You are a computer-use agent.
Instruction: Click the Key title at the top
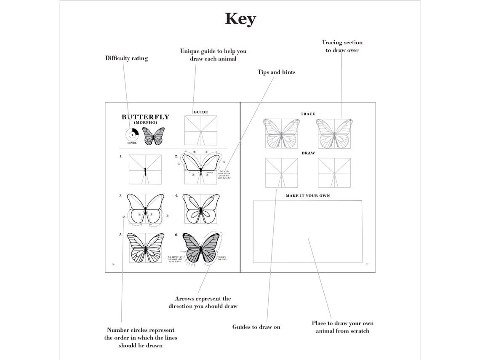(240, 19)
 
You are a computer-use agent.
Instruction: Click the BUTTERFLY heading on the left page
(145, 117)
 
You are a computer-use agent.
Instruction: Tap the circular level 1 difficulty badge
(132, 135)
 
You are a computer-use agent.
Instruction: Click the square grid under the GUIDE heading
(200, 131)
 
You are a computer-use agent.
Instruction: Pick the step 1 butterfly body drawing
(145, 170)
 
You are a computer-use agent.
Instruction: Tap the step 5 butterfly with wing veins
(145, 248)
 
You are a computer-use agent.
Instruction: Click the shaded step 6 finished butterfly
(201, 248)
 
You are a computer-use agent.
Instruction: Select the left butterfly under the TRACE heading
(281, 133)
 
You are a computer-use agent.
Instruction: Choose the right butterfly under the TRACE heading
(335, 133)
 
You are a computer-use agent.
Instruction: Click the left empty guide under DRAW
(281, 173)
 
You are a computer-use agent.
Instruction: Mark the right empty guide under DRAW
(335, 173)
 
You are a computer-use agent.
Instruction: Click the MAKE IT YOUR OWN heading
(308, 196)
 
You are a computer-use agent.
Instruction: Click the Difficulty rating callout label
(126, 59)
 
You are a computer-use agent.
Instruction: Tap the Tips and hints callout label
(276, 72)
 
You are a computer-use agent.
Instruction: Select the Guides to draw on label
(256, 327)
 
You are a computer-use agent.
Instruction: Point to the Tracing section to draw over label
(342, 46)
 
